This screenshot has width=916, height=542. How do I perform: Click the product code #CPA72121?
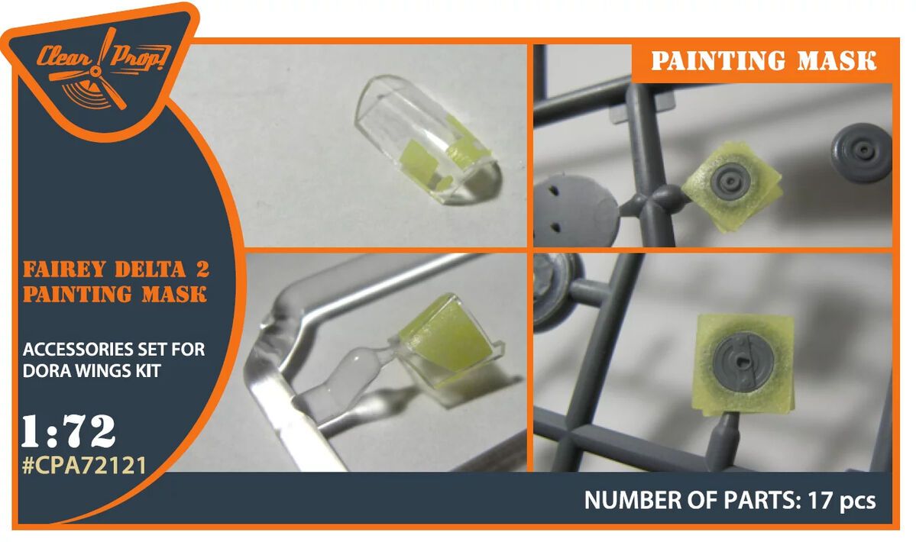(x=84, y=465)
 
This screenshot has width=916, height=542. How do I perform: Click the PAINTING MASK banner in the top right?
(x=763, y=61)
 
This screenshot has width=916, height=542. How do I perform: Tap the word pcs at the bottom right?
(x=856, y=501)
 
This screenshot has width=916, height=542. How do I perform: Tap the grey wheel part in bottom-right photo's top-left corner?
(x=554, y=286)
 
